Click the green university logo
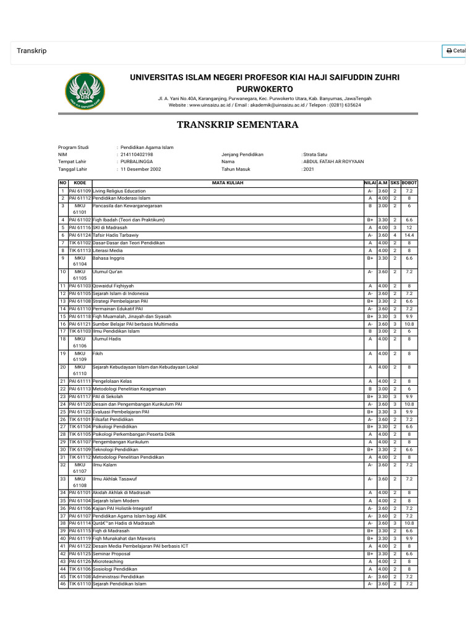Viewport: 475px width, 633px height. (x=85, y=90)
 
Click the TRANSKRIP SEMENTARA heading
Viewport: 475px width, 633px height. (x=237, y=125)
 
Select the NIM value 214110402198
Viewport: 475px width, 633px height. (x=137, y=154)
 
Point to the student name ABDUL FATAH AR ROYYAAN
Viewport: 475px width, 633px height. (x=333, y=161)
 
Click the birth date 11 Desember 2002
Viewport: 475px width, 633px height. (x=141, y=169)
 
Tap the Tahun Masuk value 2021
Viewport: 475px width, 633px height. (x=309, y=169)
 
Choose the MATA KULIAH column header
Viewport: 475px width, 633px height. (x=227, y=183)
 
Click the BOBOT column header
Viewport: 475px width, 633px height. (x=409, y=183)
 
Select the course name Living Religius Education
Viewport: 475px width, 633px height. (x=119, y=191)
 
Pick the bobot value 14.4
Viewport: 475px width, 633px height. (x=409, y=235)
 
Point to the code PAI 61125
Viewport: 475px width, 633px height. (x=80, y=553)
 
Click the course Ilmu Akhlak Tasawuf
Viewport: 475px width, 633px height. (x=114, y=478)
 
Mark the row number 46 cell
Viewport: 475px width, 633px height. (x=63, y=584)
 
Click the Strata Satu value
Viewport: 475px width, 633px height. (x=316, y=154)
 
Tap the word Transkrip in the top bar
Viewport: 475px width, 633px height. (x=32, y=51)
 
